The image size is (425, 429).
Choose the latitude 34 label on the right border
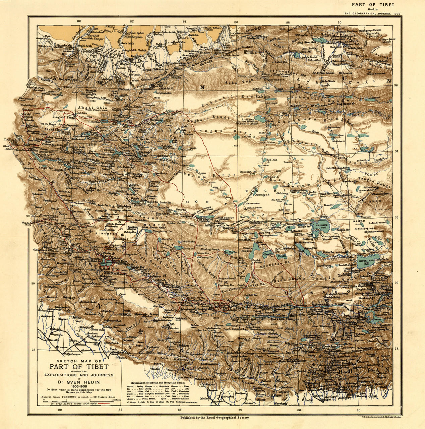click(397, 151)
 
